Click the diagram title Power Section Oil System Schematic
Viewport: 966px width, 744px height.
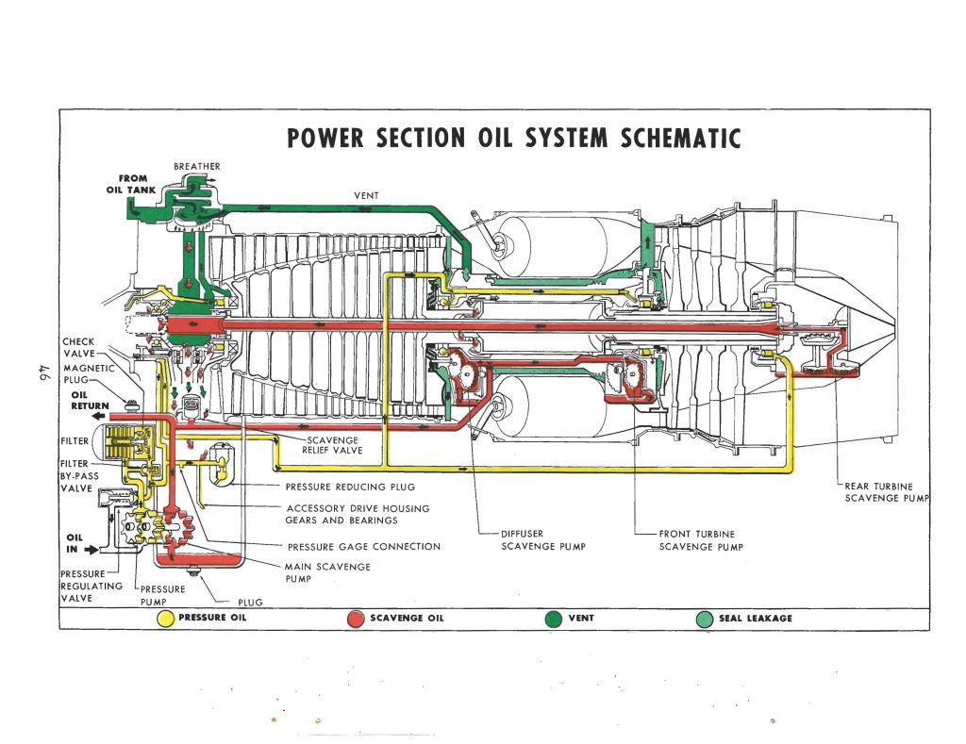click(x=514, y=139)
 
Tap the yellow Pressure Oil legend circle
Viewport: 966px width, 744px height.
click(x=165, y=619)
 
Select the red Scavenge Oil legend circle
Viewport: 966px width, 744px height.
click(x=356, y=619)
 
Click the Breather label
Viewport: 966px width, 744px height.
click(x=197, y=167)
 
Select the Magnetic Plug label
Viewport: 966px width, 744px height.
click(x=89, y=374)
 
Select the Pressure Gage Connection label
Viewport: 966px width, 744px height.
click(x=363, y=546)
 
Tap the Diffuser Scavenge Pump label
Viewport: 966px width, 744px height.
click(x=535, y=540)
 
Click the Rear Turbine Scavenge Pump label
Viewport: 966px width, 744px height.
click(x=886, y=491)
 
